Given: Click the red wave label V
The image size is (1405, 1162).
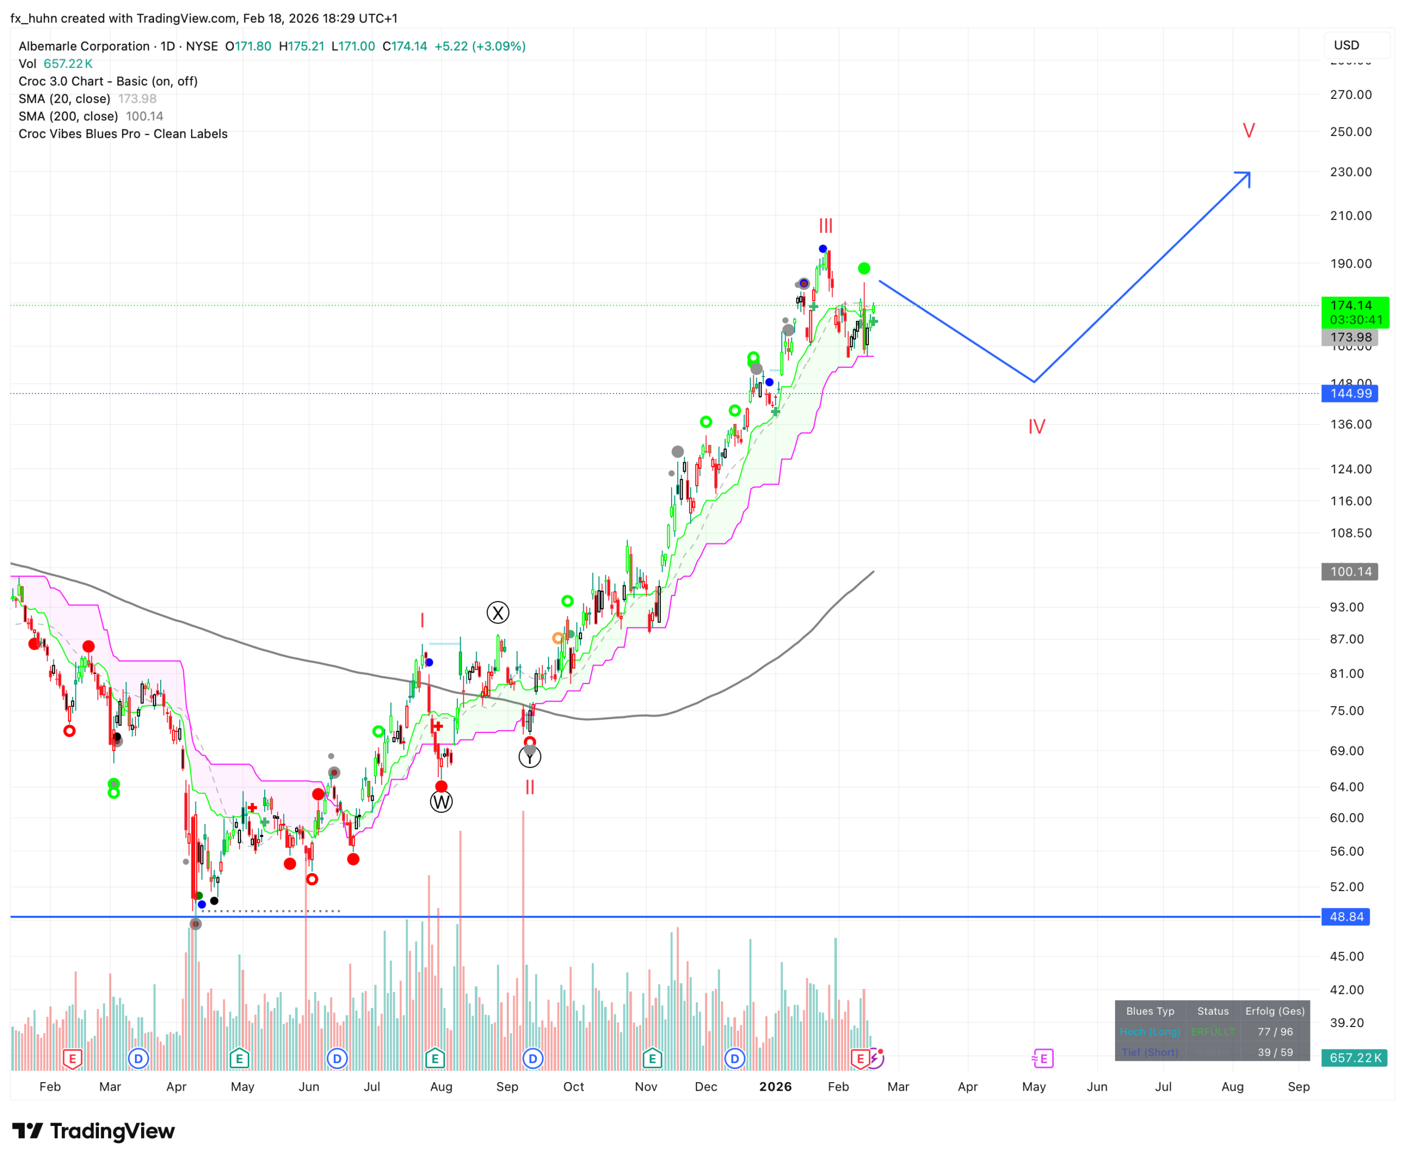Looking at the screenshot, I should point(1248,130).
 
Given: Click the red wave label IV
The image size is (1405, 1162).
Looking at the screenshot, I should point(1036,426).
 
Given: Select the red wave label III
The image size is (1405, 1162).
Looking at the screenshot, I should point(826,225).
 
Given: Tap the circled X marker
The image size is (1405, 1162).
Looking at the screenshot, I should point(498,612).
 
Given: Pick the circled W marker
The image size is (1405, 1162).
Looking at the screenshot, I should point(442,801).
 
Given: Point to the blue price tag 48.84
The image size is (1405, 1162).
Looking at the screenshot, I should point(1345,916).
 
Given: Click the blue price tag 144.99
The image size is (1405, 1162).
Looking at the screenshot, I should point(1349,394).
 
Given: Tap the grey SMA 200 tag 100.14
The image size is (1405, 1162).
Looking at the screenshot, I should point(1349,572).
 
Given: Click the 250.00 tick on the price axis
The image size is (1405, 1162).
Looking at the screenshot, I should point(1350,132).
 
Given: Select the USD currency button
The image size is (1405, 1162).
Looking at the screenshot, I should point(1346,46).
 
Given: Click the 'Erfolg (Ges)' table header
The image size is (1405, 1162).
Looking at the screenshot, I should point(1275,1011).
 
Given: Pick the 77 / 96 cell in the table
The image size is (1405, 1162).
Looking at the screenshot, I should point(1275,1032).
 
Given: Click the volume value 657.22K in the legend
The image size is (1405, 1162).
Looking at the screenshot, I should point(67,64).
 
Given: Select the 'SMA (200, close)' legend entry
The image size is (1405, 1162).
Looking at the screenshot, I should point(68,116).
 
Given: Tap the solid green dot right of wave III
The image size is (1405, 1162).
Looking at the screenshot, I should point(864,268).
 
